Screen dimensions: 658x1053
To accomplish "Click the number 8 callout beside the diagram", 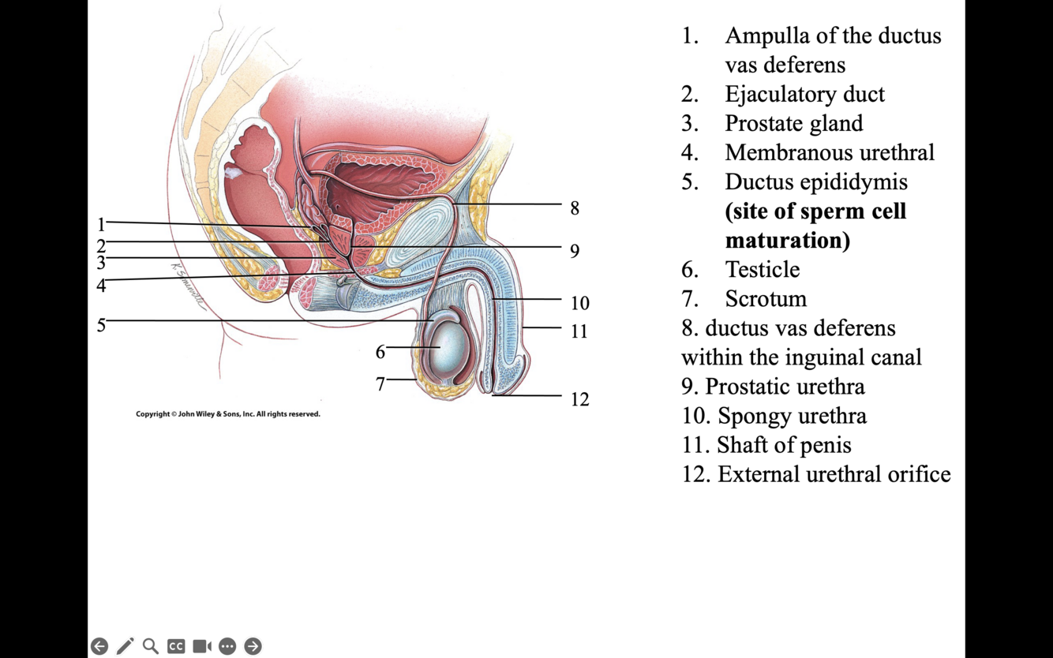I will click(x=575, y=208).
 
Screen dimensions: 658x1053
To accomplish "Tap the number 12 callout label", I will click(x=579, y=399).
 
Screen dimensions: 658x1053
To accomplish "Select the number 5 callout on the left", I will click(x=101, y=325).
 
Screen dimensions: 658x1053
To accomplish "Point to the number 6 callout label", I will click(x=380, y=352).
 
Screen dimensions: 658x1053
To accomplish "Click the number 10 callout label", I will click(x=579, y=303).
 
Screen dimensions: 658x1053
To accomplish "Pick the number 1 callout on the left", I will click(x=101, y=225).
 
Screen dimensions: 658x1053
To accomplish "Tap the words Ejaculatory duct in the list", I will click(x=804, y=94).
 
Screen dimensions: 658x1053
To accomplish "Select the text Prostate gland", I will click(x=793, y=123).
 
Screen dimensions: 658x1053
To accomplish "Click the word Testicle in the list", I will click(x=762, y=269).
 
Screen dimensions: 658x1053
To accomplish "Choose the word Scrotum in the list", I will click(x=766, y=298).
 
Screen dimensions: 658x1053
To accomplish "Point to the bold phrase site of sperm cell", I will click(x=815, y=211).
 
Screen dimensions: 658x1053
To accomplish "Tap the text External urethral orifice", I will click(x=834, y=473).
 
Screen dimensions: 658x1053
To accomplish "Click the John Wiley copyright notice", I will click(x=228, y=414).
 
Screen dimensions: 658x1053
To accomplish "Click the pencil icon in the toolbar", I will click(x=125, y=646).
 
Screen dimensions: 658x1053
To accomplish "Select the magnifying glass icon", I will click(x=150, y=646).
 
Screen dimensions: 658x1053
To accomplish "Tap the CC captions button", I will click(x=176, y=646).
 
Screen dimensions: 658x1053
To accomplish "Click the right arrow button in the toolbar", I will click(x=253, y=646).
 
